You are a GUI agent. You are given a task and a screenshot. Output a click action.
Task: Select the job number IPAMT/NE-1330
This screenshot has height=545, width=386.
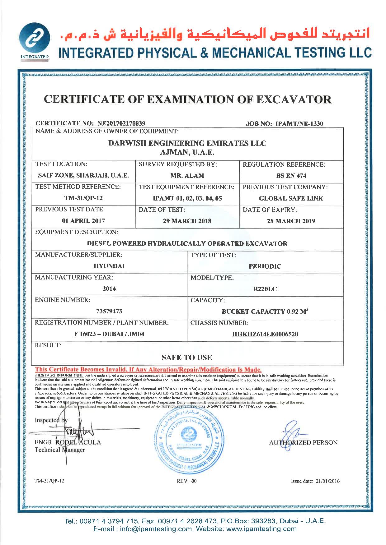point(299,124)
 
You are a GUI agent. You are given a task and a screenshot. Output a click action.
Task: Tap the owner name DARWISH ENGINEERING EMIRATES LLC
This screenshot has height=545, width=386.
point(187,143)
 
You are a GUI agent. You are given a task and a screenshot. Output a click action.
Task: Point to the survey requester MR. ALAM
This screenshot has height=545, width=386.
point(187,176)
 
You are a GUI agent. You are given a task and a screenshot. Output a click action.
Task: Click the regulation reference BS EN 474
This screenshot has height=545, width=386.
point(291,176)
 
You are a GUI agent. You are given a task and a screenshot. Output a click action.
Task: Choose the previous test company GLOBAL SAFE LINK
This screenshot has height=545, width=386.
point(291,198)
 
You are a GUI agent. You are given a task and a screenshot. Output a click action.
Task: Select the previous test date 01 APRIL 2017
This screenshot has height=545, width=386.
point(83,221)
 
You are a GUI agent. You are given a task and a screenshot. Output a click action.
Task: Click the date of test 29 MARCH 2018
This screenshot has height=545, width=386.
point(187,221)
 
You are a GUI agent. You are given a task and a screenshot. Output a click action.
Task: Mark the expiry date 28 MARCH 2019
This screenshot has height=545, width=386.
point(291,221)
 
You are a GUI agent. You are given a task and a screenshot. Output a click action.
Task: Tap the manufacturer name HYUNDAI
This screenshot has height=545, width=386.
point(109,266)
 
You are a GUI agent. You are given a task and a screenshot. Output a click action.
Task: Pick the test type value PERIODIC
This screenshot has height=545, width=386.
point(265,266)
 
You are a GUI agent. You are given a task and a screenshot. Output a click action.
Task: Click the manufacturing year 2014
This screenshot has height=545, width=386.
point(109,289)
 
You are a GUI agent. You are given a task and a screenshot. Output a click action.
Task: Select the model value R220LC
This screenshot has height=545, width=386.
point(265,289)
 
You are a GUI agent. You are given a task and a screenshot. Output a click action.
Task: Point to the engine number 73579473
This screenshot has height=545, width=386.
point(109,311)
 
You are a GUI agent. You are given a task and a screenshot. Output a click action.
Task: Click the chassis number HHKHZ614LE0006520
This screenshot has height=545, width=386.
point(265,334)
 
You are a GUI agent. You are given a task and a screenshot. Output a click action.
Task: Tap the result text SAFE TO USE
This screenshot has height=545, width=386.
point(187,358)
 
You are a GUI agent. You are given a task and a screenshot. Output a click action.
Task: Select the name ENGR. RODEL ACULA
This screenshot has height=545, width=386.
point(68,442)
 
